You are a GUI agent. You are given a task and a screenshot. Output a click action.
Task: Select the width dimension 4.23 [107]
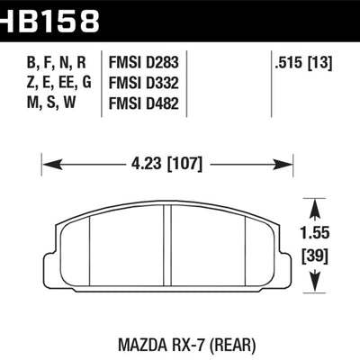click(166, 164)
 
